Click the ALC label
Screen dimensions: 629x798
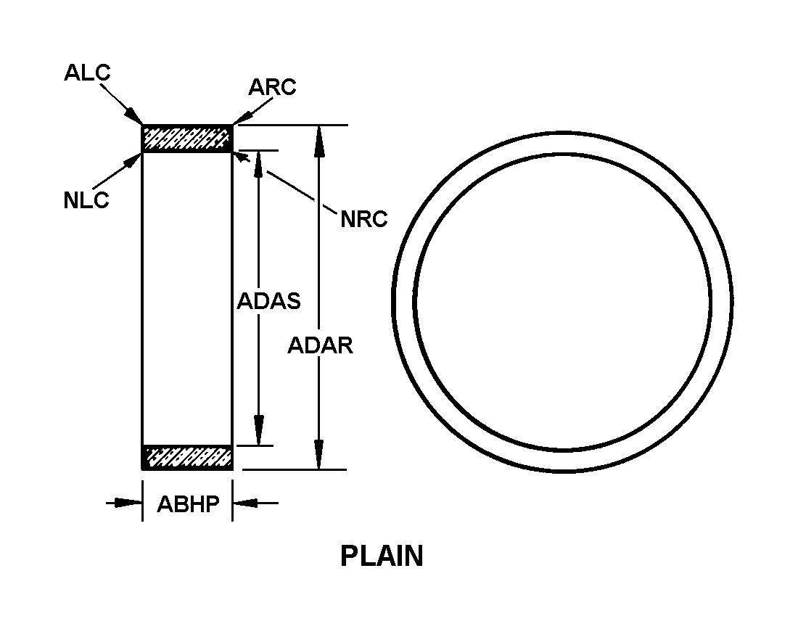[x=87, y=73]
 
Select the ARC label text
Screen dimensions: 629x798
[x=272, y=87]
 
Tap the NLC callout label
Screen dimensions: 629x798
[x=86, y=200]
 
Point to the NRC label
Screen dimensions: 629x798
[x=364, y=219]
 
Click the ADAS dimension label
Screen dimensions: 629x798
[x=268, y=301]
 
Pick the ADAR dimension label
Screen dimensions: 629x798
[x=320, y=345]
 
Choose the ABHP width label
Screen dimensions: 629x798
[x=188, y=504]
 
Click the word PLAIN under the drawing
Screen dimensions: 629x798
[x=382, y=556]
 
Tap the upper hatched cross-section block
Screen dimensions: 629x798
[x=187, y=138]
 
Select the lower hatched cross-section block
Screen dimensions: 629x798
[x=187, y=457]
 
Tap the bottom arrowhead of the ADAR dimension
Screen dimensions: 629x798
[x=318, y=457]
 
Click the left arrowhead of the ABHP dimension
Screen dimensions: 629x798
[x=130, y=501]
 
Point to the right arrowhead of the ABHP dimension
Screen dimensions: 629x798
[x=244, y=501]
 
